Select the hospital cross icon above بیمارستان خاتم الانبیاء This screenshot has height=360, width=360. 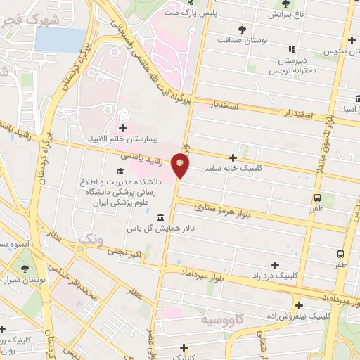(123, 127)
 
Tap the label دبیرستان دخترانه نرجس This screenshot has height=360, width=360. (285, 65)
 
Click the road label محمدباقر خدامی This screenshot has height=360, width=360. (92, 278)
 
